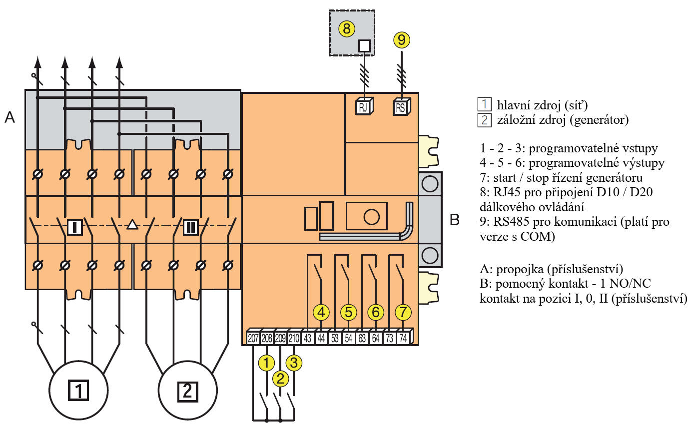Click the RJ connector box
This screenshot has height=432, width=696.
pos(364,106)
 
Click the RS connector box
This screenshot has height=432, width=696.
pos(402,106)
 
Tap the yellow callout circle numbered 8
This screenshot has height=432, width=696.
pos(347,28)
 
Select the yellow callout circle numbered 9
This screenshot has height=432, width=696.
pos(402,40)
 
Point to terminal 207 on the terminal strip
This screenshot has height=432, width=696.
pos(253,338)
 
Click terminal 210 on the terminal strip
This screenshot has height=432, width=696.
pos(294,338)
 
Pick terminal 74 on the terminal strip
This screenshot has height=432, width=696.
pos(403,338)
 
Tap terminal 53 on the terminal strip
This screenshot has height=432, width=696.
pos(335,338)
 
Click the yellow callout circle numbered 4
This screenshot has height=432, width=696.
pos(321,312)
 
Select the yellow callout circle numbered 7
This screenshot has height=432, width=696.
pos(403,312)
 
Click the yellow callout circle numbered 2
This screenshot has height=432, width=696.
pos(280,379)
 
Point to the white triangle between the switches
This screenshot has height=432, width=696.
pos(132,224)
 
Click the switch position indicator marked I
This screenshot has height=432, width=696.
pos(74,227)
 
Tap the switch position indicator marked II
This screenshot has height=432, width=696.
pos(190,227)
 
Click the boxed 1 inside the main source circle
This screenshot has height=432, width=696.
pos(78,390)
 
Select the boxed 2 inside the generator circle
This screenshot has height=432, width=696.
pos(188,392)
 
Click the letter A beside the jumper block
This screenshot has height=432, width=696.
pos(9,117)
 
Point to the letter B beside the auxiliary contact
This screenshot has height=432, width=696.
pos(455,220)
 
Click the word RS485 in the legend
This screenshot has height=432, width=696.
pos(511,222)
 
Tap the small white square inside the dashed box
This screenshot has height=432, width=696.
pos(364,46)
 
